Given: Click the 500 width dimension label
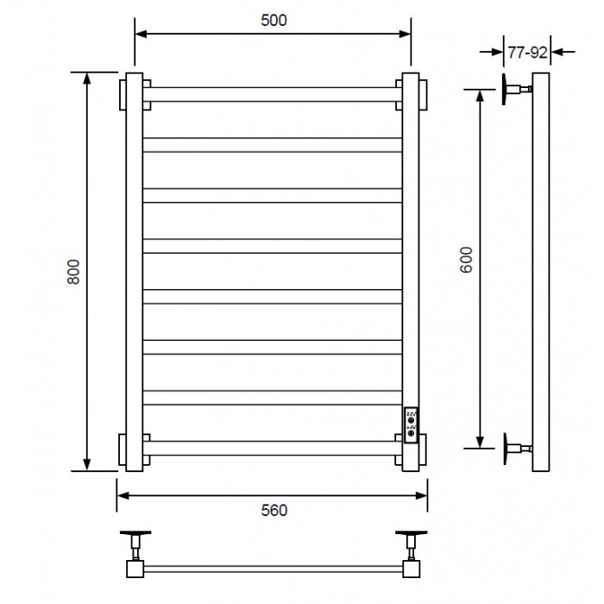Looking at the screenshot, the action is (x=274, y=21).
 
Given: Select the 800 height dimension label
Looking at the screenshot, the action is (x=73, y=272).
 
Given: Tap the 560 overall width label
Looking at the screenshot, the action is (x=274, y=511).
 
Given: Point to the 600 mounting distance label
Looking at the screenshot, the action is (x=466, y=260).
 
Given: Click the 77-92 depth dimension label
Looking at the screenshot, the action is (x=527, y=53).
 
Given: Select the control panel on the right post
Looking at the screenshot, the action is (x=411, y=425).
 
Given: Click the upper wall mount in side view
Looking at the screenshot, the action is (x=517, y=89).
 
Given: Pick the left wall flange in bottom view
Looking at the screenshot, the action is (x=135, y=533).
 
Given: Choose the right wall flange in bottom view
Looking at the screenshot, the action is (x=412, y=533).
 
